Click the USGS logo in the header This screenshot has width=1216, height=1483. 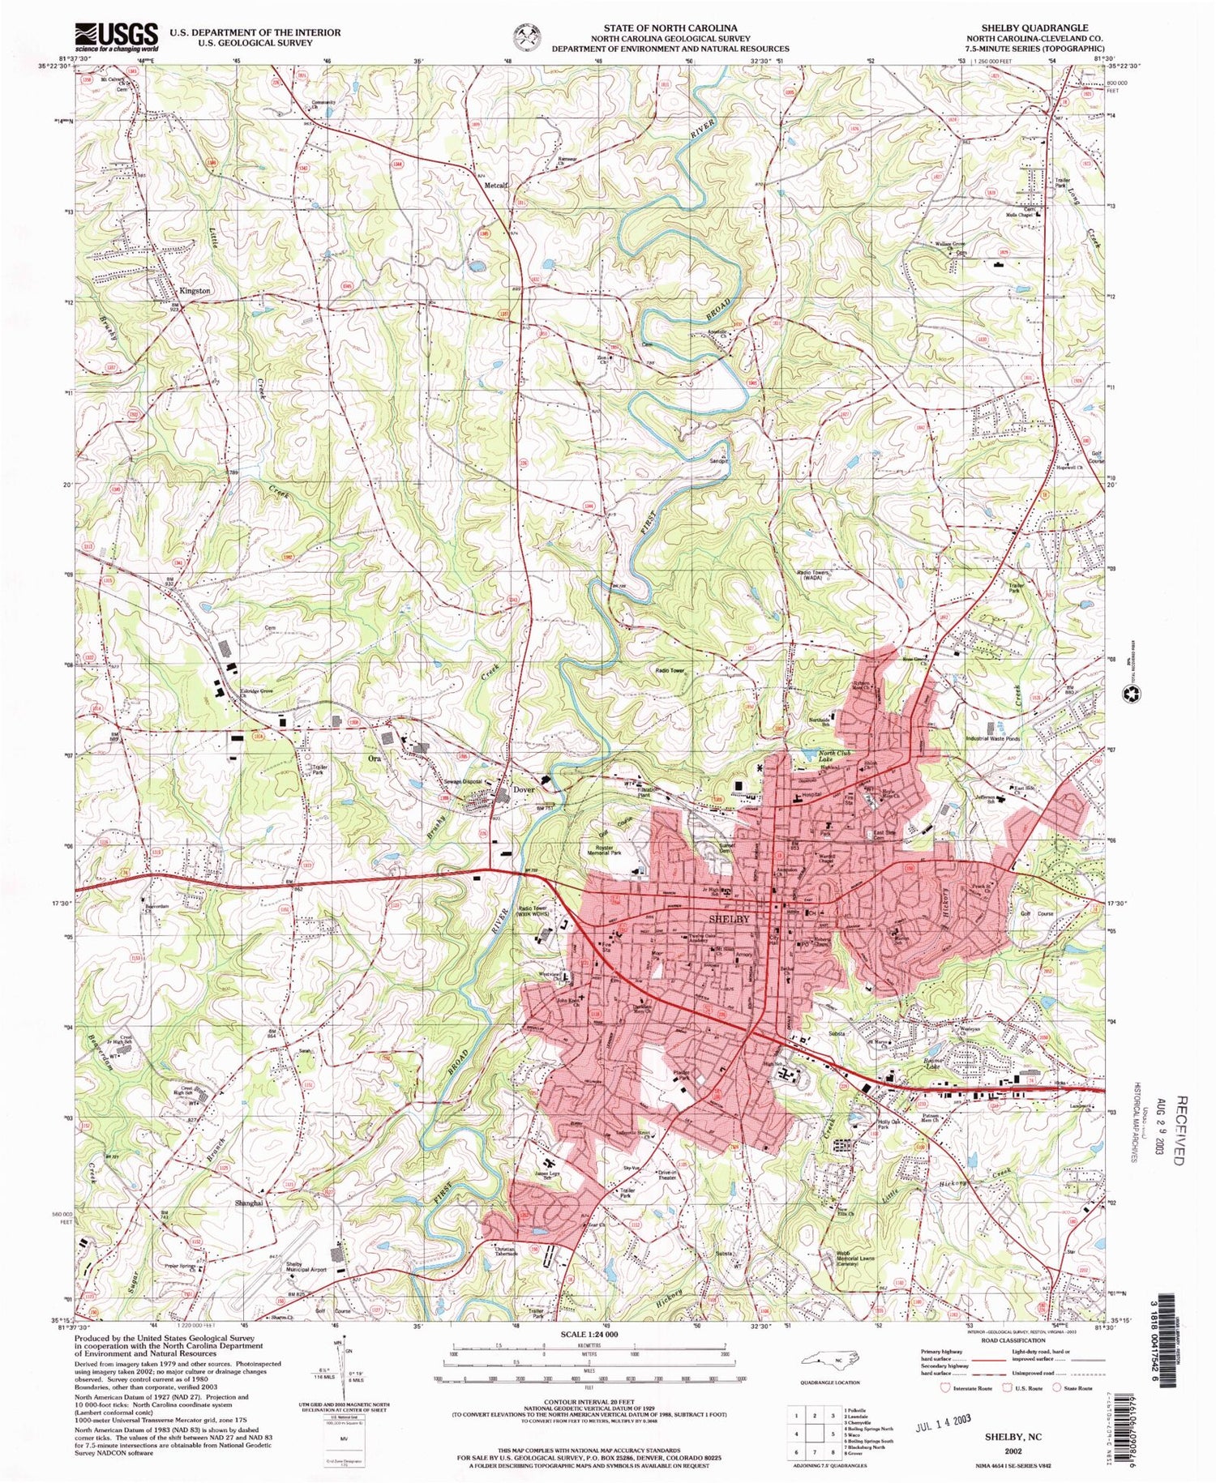click(x=117, y=36)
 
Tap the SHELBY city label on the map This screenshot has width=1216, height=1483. click(x=729, y=919)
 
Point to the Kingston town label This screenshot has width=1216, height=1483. click(x=195, y=290)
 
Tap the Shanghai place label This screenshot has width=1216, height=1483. click(x=249, y=1203)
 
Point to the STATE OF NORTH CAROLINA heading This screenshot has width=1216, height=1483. click(x=670, y=28)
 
